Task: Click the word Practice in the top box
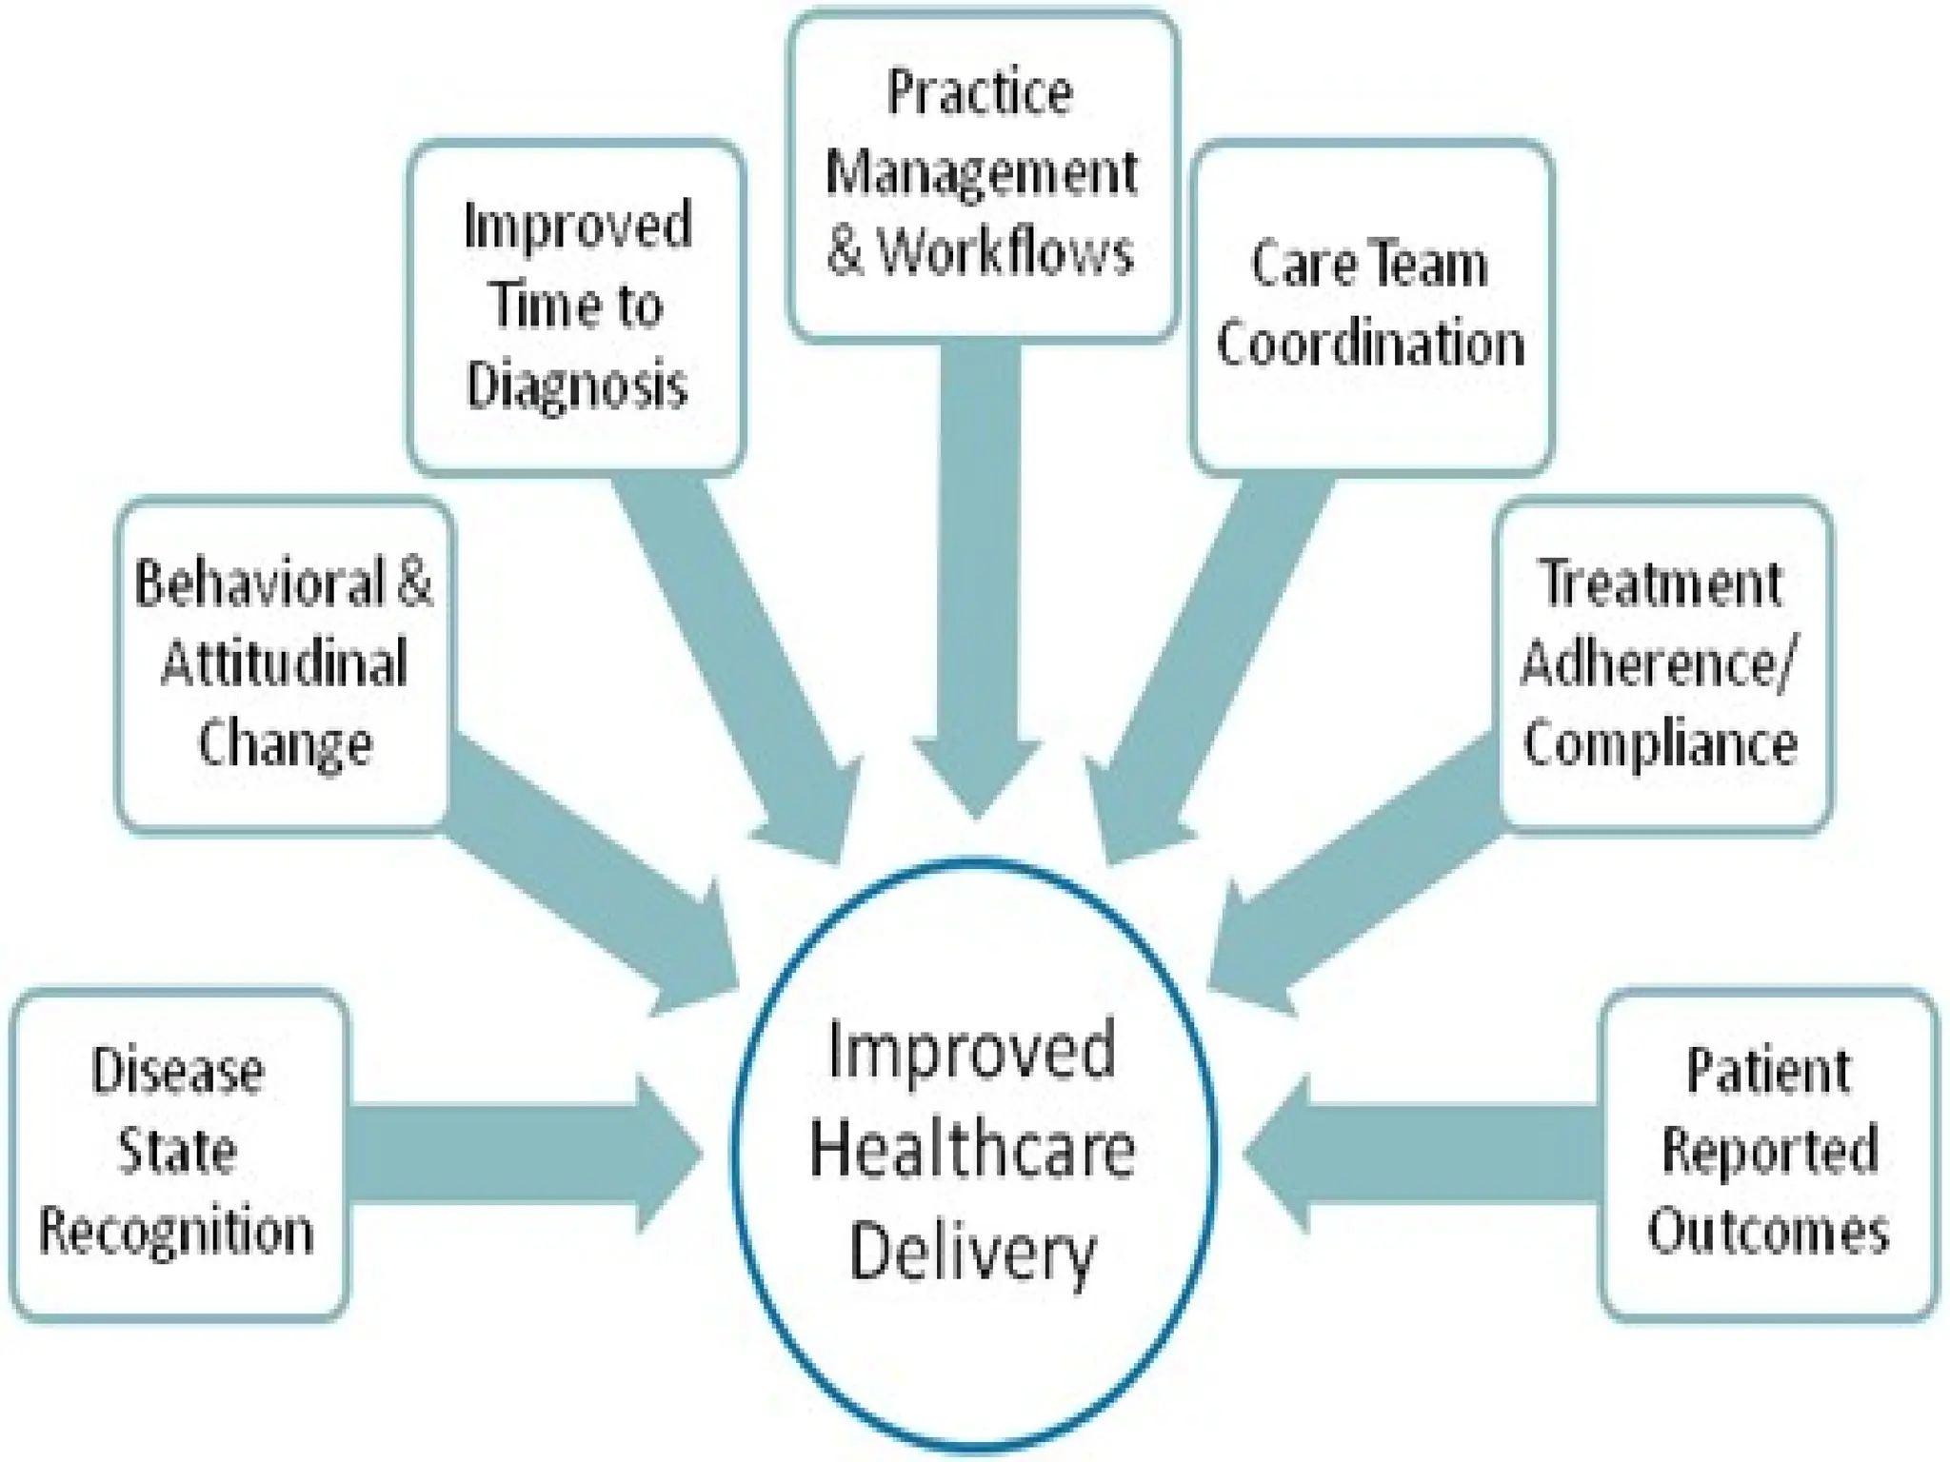pos(980,92)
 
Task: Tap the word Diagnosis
pos(576,385)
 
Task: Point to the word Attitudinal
pos(284,663)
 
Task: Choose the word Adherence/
pos(1657,663)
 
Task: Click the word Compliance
pos(1660,743)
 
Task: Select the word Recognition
pos(176,1231)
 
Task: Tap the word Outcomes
pos(1768,1231)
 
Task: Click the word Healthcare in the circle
pos(972,1150)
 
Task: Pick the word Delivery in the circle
pos(972,1252)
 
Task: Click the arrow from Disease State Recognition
pos(514,1154)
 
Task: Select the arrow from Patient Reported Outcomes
pos(1428,1154)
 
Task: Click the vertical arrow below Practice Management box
pos(979,571)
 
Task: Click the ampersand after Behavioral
pos(414,583)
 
